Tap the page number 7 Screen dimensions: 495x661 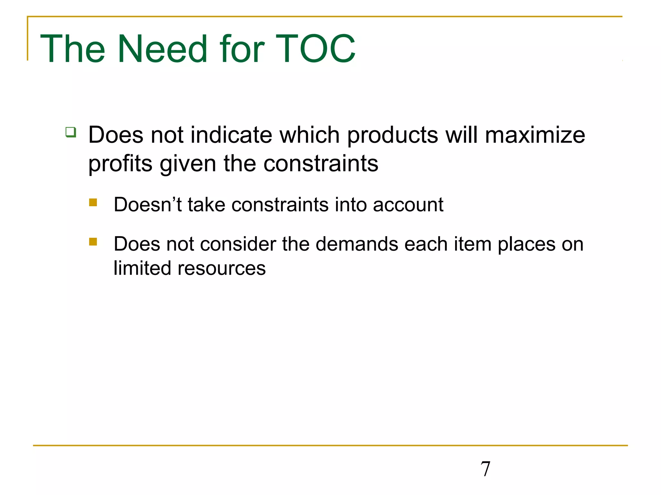click(485, 469)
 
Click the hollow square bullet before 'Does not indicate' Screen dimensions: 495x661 click(71, 132)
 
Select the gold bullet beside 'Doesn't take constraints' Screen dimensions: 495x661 click(93, 202)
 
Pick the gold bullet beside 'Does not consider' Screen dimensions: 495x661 click(93, 242)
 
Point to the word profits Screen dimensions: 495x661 click(120, 164)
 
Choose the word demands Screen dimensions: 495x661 click(357, 244)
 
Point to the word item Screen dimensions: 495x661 click(473, 244)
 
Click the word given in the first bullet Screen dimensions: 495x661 click(188, 164)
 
